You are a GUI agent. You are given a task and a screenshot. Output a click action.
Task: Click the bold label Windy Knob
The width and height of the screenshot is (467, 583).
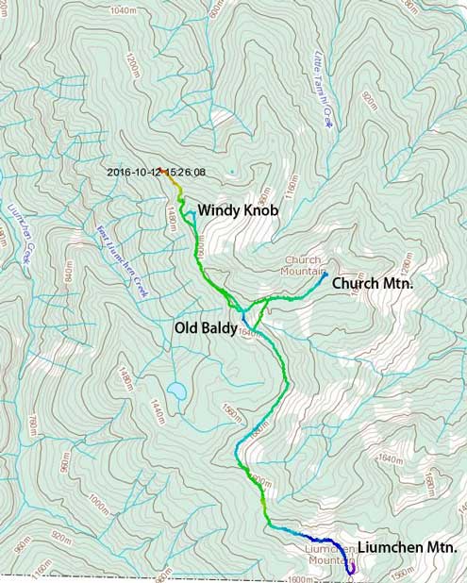[x=237, y=210]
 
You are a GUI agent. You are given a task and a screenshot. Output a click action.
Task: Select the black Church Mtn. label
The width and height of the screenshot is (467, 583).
[x=373, y=282]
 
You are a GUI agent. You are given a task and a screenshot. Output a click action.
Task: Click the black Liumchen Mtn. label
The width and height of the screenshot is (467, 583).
[x=408, y=547]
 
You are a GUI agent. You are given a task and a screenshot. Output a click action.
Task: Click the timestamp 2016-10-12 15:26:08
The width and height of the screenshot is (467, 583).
[x=157, y=173]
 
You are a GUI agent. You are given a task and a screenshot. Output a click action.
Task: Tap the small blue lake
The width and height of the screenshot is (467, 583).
[x=176, y=390]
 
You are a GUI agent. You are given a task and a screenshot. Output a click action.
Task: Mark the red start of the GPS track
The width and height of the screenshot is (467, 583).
[x=165, y=172]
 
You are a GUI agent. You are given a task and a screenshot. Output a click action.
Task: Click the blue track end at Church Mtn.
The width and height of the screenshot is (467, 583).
[x=324, y=275]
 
